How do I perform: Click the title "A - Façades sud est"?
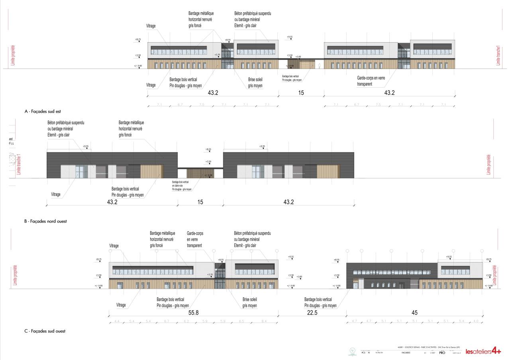pyautogui.click(x=42, y=112)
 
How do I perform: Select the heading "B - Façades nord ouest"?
pyautogui.click(x=45, y=221)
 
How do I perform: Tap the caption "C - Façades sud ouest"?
pyautogui.click(x=45, y=331)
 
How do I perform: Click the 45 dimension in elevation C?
pyautogui.click(x=414, y=313)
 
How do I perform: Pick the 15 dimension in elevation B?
pyautogui.click(x=200, y=202)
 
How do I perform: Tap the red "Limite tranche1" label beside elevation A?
pyautogui.click(x=498, y=55)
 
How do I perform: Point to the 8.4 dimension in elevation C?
pyautogui.click(x=264, y=321)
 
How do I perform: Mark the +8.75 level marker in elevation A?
pyautogui.click(x=138, y=39)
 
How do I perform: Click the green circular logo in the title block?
pyautogui.click(x=352, y=351)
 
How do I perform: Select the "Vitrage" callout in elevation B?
pyautogui.click(x=56, y=194)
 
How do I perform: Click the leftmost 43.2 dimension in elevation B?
pyautogui.click(x=112, y=202)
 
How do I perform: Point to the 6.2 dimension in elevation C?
pyautogui.click(x=186, y=321)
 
